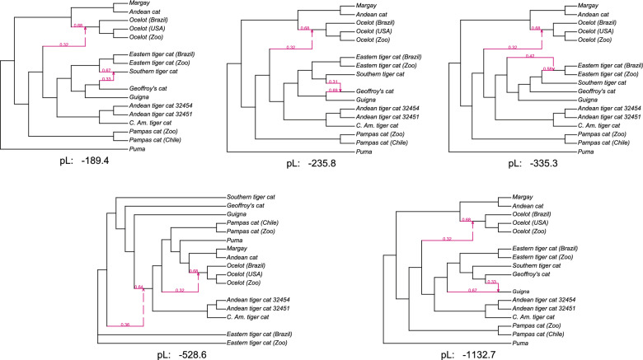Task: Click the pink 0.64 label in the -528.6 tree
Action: point(138,287)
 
